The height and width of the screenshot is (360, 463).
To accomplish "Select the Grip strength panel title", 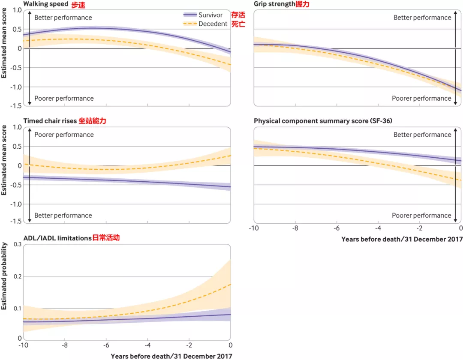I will (x=274, y=4).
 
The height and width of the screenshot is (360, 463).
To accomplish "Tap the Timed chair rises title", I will (x=50, y=121).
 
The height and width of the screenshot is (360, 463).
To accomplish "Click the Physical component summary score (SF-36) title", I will (x=323, y=121).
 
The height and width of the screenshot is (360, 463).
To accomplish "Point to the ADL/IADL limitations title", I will (x=57, y=238).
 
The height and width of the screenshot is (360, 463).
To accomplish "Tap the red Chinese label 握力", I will (x=303, y=4).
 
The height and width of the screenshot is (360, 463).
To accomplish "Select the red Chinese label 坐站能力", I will (x=92, y=121).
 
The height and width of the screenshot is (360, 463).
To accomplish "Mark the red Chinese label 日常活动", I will (x=106, y=238).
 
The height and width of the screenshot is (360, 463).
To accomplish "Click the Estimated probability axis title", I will (x=4, y=276).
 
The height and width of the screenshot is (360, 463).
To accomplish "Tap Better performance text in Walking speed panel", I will (x=63, y=18).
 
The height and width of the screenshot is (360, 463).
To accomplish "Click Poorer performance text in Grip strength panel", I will (x=421, y=98).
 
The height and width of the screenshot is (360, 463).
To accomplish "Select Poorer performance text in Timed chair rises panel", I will (x=64, y=135).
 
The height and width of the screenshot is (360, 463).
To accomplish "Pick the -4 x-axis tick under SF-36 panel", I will (x=377, y=228).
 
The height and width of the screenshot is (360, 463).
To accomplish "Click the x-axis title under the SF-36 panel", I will (x=402, y=239).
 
